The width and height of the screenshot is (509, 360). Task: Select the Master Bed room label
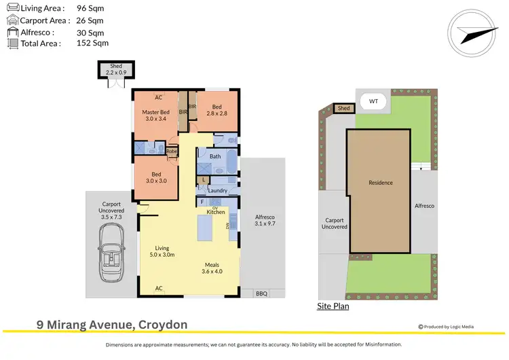155,115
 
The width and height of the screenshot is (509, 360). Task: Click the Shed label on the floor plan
117,71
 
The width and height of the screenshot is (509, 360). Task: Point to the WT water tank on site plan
373,102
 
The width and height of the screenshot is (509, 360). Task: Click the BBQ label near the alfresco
261,293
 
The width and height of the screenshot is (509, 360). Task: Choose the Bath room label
215,156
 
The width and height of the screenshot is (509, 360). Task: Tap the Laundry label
217,190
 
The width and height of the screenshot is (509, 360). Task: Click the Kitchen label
216,213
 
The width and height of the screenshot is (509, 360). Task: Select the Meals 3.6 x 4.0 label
212,268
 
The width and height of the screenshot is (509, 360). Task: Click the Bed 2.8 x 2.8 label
216,111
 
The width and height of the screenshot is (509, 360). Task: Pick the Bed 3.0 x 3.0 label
155,177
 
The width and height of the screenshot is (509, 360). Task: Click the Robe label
172,151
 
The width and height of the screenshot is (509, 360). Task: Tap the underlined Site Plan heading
333,306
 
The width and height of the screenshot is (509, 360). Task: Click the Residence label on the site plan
381,183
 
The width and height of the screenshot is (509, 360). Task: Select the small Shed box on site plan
344,108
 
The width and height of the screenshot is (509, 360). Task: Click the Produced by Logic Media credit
446,327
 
